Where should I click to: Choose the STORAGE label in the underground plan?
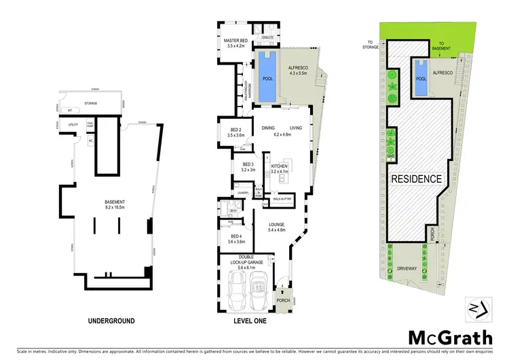tap(90, 104)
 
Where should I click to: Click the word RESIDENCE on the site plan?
tap(417, 179)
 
